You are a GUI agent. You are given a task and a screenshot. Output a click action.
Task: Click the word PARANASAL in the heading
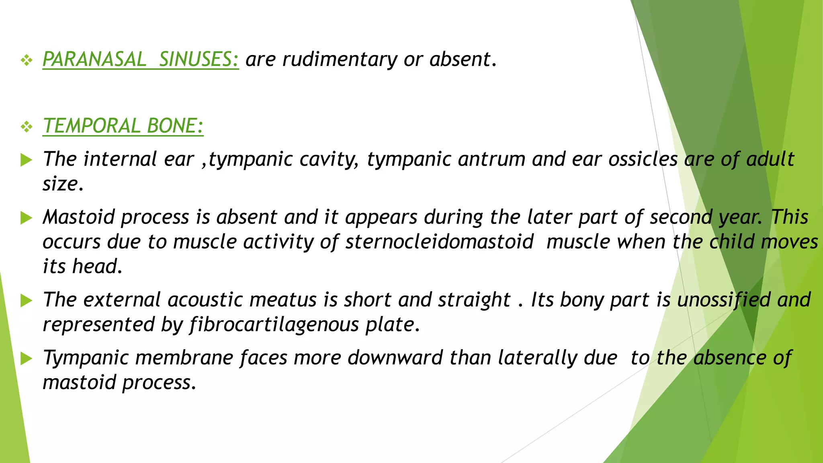click(x=94, y=59)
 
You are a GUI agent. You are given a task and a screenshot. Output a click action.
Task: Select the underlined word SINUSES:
click(x=199, y=59)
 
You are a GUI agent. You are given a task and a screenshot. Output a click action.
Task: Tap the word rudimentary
click(x=340, y=59)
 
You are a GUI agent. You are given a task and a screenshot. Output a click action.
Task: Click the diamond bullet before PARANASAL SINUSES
click(x=27, y=61)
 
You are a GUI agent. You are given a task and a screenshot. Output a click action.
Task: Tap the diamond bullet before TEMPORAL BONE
click(x=27, y=127)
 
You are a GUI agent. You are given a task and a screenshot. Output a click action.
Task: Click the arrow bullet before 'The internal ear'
click(x=26, y=160)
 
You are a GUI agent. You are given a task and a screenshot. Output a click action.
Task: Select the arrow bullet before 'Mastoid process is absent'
click(x=26, y=218)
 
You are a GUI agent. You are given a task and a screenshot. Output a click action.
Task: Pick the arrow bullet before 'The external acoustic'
click(x=26, y=301)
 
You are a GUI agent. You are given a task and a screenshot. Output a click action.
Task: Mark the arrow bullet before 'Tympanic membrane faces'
click(x=26, y=359)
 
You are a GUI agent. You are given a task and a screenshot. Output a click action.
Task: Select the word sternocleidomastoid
click(x=439, y=242)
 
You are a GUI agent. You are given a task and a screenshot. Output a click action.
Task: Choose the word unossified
click(x=724, y=300)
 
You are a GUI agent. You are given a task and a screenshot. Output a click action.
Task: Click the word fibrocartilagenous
click(x=274, y=325)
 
